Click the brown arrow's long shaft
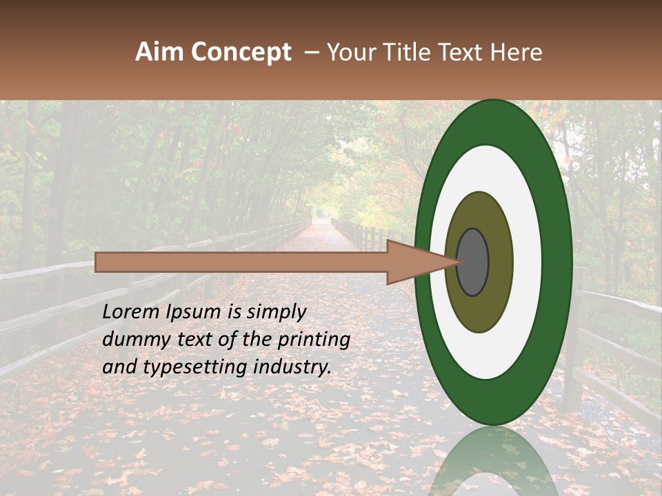coord(241,262)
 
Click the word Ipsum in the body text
coord(196,313)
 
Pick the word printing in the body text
coord(314,340)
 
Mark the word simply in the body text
coord(272,313)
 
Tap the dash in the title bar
coord(312,52)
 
